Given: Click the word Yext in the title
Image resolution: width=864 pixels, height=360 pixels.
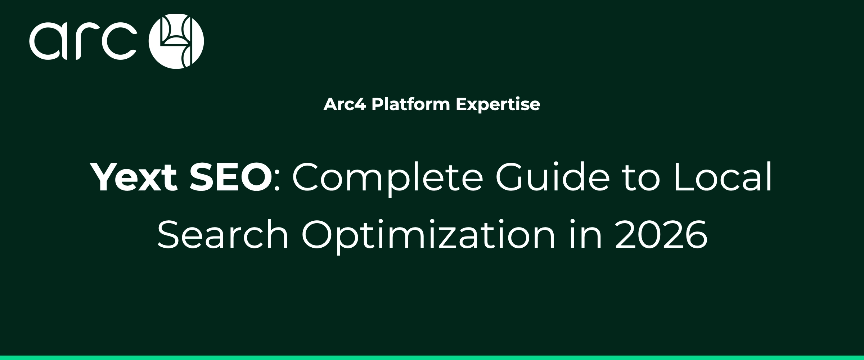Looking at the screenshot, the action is [x=135, y=177].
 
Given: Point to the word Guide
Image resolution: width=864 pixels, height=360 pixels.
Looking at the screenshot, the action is [x=553, y=177].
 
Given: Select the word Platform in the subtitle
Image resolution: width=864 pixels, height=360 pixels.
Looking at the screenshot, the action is [x=411, y=104].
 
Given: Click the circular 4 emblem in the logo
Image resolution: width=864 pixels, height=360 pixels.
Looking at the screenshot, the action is [x=176, y=41].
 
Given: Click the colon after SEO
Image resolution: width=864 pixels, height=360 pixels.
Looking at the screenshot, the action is [x=277, y=182].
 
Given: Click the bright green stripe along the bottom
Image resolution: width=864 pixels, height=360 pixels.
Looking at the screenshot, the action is [x=432, y=357].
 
